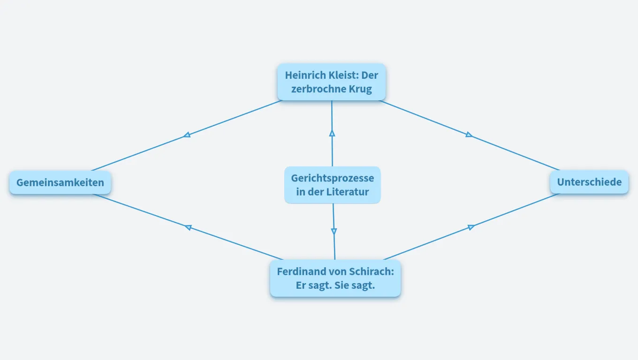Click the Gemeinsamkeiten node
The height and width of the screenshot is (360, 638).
click(60, 183)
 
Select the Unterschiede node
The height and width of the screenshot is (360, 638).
click(589, 182)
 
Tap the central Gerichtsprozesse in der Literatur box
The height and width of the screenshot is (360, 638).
click(333, 185)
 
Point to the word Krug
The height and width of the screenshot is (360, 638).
click(360, 90)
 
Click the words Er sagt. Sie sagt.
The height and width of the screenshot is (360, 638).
click(335, 285)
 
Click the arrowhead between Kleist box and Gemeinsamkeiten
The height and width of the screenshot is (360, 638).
click(187, 135)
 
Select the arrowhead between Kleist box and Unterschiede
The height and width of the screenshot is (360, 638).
click(469, 135)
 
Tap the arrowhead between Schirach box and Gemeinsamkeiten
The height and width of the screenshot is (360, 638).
click(188, 227)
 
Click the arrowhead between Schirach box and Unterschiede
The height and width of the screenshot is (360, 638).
click(471, 227)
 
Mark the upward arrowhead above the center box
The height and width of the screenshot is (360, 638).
click(332, 133)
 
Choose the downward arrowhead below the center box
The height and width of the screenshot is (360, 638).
click(334, 231)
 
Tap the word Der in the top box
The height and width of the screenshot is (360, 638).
click(370, 75)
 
